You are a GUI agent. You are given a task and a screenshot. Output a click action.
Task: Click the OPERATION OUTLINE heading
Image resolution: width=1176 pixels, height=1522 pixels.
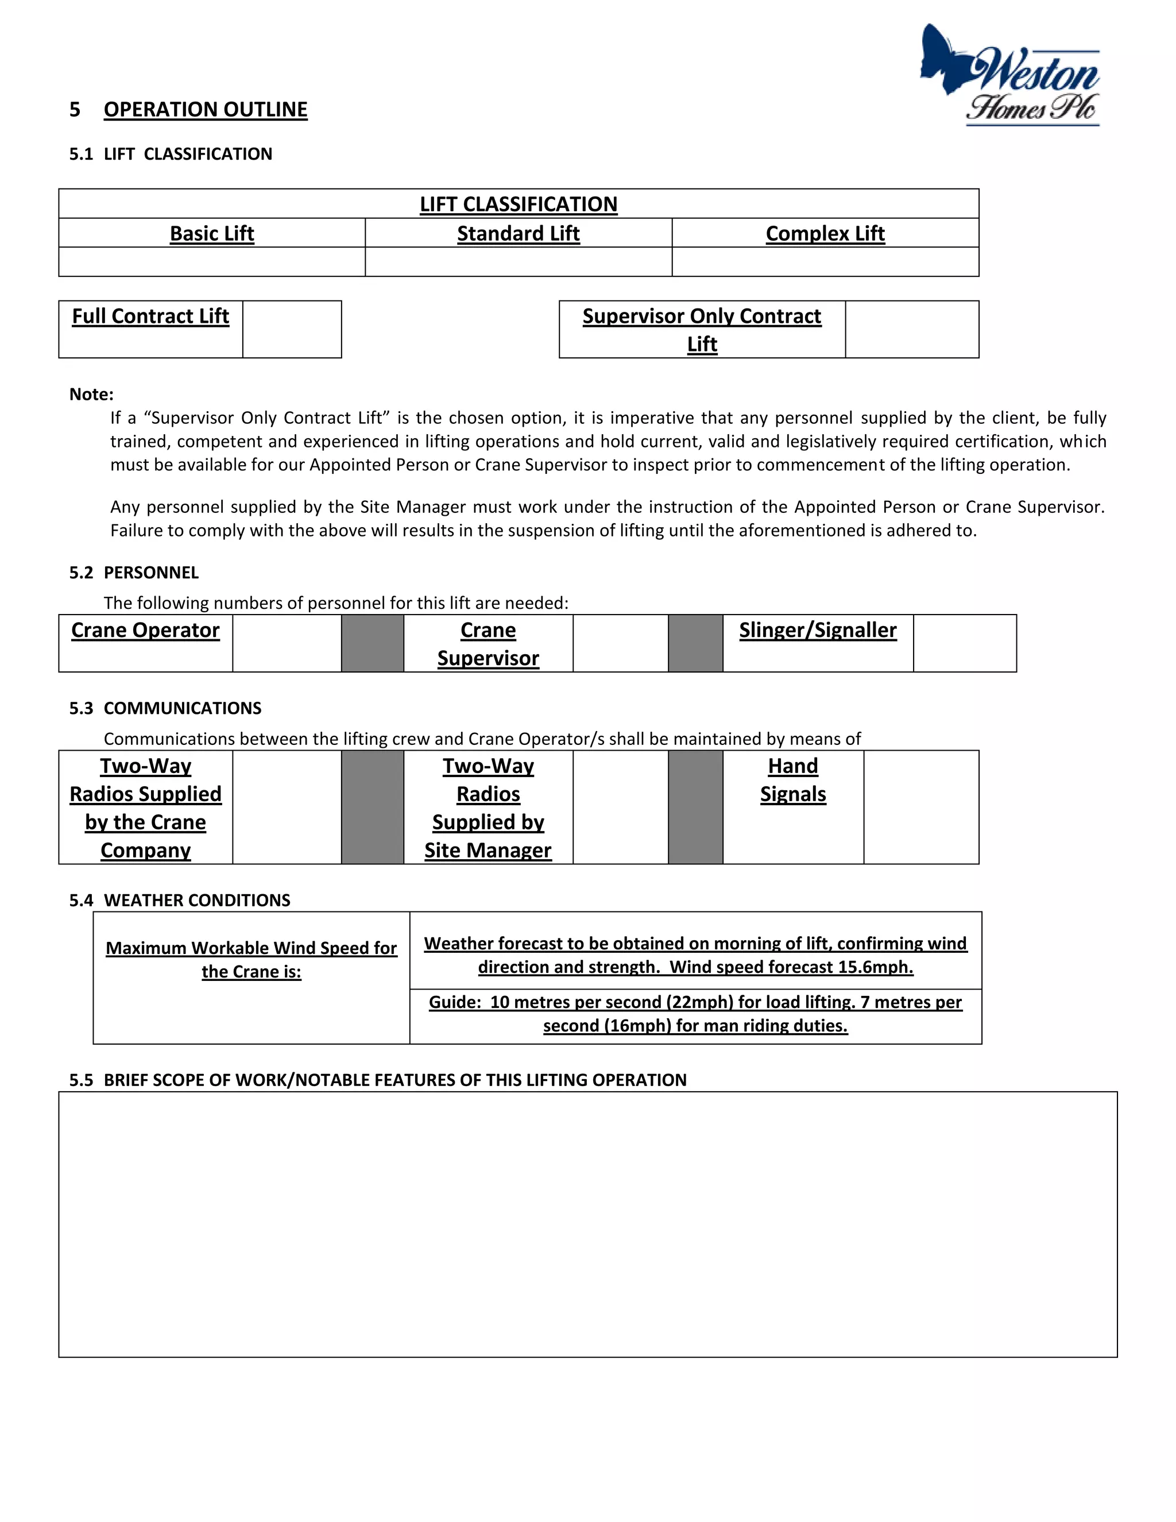click(205, 109)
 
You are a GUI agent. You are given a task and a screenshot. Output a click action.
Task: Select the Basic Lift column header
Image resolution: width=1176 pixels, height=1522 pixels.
click(212, 233)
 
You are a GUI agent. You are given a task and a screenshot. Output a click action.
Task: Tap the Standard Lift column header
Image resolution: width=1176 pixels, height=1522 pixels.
click(519, 233)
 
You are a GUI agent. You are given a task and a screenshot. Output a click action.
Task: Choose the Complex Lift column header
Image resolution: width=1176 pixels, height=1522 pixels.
click(825, 233)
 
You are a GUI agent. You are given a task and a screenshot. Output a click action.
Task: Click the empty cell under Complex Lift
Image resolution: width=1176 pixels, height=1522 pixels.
click(825, 262)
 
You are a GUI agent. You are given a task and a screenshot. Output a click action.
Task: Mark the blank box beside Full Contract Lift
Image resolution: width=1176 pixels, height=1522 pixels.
click(292, 330)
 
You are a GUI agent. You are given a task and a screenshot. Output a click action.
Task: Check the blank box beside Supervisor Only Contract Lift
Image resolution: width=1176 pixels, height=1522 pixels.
click(911, 330)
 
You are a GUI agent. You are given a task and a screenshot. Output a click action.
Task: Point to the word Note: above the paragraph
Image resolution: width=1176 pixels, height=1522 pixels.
click(91, 395)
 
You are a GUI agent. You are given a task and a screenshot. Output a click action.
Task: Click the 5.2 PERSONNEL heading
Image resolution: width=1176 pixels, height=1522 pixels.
click(134, 573)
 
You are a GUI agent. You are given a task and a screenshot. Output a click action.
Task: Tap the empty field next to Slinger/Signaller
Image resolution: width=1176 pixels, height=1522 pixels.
click(964, 643)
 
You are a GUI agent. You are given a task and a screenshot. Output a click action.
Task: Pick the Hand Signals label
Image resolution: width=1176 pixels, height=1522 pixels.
click(793, 780)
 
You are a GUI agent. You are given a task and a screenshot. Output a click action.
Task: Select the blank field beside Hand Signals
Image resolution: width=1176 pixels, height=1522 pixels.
click(921, 807)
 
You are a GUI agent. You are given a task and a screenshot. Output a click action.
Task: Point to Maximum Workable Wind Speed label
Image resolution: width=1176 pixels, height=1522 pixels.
click(251, 959)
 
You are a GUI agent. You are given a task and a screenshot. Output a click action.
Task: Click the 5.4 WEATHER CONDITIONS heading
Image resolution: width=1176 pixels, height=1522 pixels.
click(180, 901)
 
